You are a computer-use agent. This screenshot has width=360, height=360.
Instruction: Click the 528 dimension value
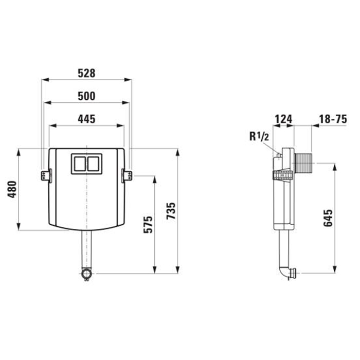pyautogui.click(x=86, y=73)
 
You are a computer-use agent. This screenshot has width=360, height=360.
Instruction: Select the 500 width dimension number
pyautogui.click(x=86, y=96)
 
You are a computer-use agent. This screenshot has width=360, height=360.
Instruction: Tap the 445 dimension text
pyautogui.click(x=86, y=119)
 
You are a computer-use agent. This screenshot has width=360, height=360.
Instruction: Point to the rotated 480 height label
pyautogui.click(x=12, y=189)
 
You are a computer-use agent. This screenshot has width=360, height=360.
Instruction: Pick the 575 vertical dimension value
pyautogui.click(x=148, y=225)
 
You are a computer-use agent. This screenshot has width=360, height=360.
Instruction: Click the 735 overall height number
pyautogui.click(x=171, y=211)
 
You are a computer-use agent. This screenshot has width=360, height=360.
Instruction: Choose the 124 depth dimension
pyautogui.click(x=283, y=119)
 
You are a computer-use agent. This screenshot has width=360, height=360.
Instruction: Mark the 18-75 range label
pyautogui.click(x=333, y=119)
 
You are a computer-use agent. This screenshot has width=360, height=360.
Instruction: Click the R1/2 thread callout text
pyautogui.click(x=259, y=137)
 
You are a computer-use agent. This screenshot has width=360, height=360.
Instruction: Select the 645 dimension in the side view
pyautogui.click(x=328, y=218)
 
